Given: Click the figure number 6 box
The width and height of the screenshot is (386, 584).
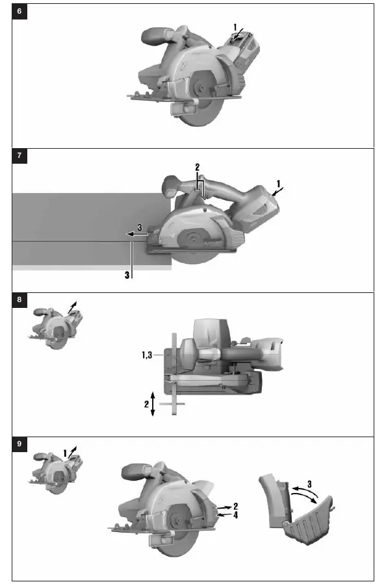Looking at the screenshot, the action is [x=19, y=11].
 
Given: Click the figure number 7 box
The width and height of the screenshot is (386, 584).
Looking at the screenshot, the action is [x=19, y=156].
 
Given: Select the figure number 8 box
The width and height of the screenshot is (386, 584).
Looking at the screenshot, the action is [x=19, y=300].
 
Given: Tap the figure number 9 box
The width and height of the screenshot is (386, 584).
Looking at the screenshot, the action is [x=19, y=444].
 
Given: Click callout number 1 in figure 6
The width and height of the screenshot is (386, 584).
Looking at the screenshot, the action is [x=235, y=27].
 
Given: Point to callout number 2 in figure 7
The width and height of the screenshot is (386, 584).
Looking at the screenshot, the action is [x=198, y=167].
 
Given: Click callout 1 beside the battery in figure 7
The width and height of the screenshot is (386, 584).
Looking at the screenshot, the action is [x=278, y=184].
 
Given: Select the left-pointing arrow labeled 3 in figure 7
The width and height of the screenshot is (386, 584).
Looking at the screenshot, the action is [x=137, y=235].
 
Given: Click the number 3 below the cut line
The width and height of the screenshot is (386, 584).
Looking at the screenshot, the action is [x=127, y=275].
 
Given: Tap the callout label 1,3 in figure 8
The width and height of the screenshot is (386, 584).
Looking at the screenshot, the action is [x=147, y=355].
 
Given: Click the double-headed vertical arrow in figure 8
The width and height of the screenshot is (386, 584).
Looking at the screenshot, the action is [x=153, y=404].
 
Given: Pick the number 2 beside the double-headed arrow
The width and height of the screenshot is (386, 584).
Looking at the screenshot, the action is [x=146, y=404].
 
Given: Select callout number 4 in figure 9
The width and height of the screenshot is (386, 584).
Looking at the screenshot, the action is [x=235, y=514].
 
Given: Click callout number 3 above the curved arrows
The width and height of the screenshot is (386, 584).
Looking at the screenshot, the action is [x=309, y=484].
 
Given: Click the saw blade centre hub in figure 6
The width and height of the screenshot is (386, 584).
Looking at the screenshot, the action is [x=201, y=88].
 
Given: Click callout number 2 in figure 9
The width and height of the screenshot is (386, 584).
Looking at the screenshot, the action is [x=235, y=506].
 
